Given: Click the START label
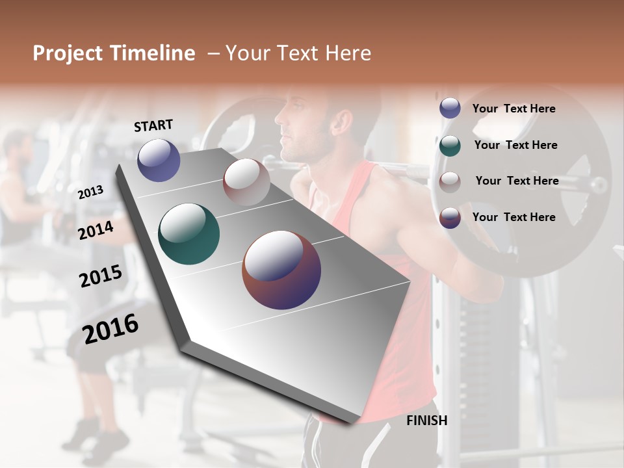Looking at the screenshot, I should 153,125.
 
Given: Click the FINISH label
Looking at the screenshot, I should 426,421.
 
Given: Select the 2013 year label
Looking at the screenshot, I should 91,192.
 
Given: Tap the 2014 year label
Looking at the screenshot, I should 96,230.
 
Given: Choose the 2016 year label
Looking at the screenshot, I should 110,329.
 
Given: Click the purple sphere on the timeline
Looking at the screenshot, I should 159,160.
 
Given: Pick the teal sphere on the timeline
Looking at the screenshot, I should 188,234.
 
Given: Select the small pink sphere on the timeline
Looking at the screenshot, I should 246,182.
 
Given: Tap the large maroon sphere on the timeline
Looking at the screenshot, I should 281,270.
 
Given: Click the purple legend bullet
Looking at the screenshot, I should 450,109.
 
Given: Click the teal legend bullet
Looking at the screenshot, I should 450,145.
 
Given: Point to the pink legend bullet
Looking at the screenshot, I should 450,181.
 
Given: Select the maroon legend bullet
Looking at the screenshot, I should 450,217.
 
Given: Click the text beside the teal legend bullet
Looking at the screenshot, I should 515,145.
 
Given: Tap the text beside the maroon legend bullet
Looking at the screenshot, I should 514,217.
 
